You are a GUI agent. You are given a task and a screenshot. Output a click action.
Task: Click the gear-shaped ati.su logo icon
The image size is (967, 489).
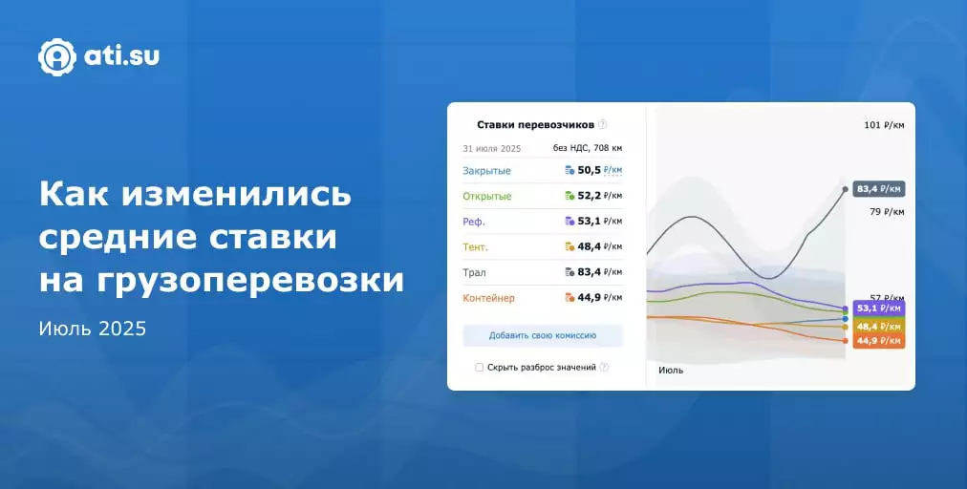click(57, 56)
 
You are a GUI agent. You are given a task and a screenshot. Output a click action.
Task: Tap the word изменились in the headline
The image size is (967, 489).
click(236, 195)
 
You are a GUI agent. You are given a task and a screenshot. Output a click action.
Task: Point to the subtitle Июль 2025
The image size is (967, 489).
click(93, 329)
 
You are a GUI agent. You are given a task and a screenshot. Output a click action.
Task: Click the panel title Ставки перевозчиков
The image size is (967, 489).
click(535, 124)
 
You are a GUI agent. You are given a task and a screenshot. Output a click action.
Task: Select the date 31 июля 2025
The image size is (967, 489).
click(491, 149)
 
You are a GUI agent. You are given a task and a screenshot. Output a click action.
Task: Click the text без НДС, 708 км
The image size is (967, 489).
click(587, 148)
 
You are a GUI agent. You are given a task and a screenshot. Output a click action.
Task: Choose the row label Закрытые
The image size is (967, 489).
click(486, 171)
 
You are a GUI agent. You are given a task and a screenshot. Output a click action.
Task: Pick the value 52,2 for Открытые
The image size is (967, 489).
click(589, 196)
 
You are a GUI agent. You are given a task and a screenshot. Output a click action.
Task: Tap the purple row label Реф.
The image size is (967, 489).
click(474, 222)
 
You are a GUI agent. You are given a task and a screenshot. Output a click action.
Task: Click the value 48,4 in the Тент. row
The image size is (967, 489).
click(589, 246)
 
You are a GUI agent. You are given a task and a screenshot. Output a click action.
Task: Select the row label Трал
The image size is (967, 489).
click(474, 272)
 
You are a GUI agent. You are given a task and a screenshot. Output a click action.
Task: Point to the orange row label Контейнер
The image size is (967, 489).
click(488, 298)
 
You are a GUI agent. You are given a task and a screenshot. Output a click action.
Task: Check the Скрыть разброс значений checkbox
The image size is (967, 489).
click(479, 368)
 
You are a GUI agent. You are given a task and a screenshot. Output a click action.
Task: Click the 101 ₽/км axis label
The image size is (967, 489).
click(884, 125)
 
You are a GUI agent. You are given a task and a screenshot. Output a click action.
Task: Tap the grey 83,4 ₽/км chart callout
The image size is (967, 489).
click(879, 189)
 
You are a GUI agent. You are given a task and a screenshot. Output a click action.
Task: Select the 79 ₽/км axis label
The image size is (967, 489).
click(887, 211)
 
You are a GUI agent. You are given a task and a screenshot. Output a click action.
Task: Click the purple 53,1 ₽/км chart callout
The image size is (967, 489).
click(879, 308)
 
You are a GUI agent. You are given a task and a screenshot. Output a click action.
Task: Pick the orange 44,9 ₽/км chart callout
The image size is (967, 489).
click(879, 341)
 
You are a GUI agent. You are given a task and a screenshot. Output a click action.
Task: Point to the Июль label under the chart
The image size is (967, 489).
click(671, 370)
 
